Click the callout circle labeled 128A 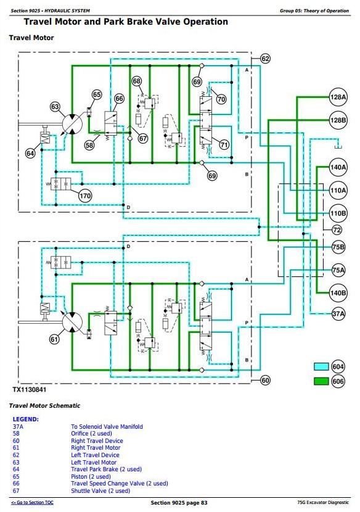point(338,97)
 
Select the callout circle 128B point(338,120)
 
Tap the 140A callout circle point(338,167)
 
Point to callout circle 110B point(338,213)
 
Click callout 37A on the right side point(338,314)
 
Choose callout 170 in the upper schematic point(85,196)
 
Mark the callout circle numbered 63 point(55,107)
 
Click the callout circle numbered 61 point(54,339)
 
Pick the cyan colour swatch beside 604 point(321,366)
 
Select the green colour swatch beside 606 point(321,381)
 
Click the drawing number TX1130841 point(30,389)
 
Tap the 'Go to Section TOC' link point(32,503)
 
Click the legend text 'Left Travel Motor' point(94,463)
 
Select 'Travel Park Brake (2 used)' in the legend point(107,469)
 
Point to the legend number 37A point(18,426)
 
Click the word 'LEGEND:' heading point(25,419)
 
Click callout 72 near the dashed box point(337,230)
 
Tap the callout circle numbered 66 point(119,99)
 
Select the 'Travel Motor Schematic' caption point(44,406)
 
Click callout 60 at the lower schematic point(265,380)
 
